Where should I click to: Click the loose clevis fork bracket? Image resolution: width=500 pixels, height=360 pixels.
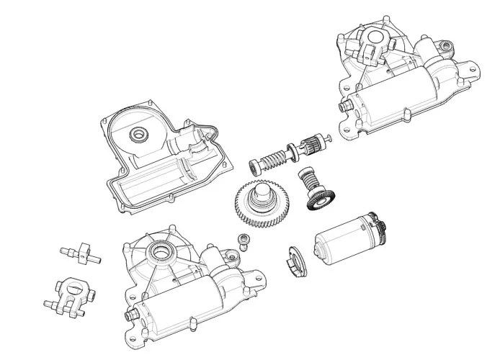click(x=72, y=294)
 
